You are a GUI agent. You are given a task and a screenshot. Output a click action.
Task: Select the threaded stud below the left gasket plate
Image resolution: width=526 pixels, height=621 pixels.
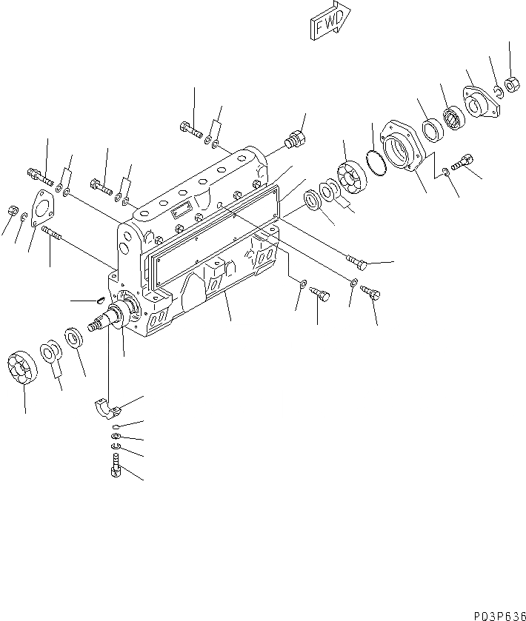coord(55,235)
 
